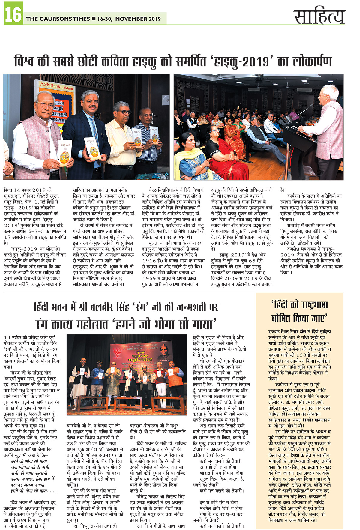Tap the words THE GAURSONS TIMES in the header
58,19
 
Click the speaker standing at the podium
325,126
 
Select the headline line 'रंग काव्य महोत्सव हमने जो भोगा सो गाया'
126,324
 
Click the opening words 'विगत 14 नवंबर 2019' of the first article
28,190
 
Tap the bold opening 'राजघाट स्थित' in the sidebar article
279,331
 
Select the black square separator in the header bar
94,19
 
